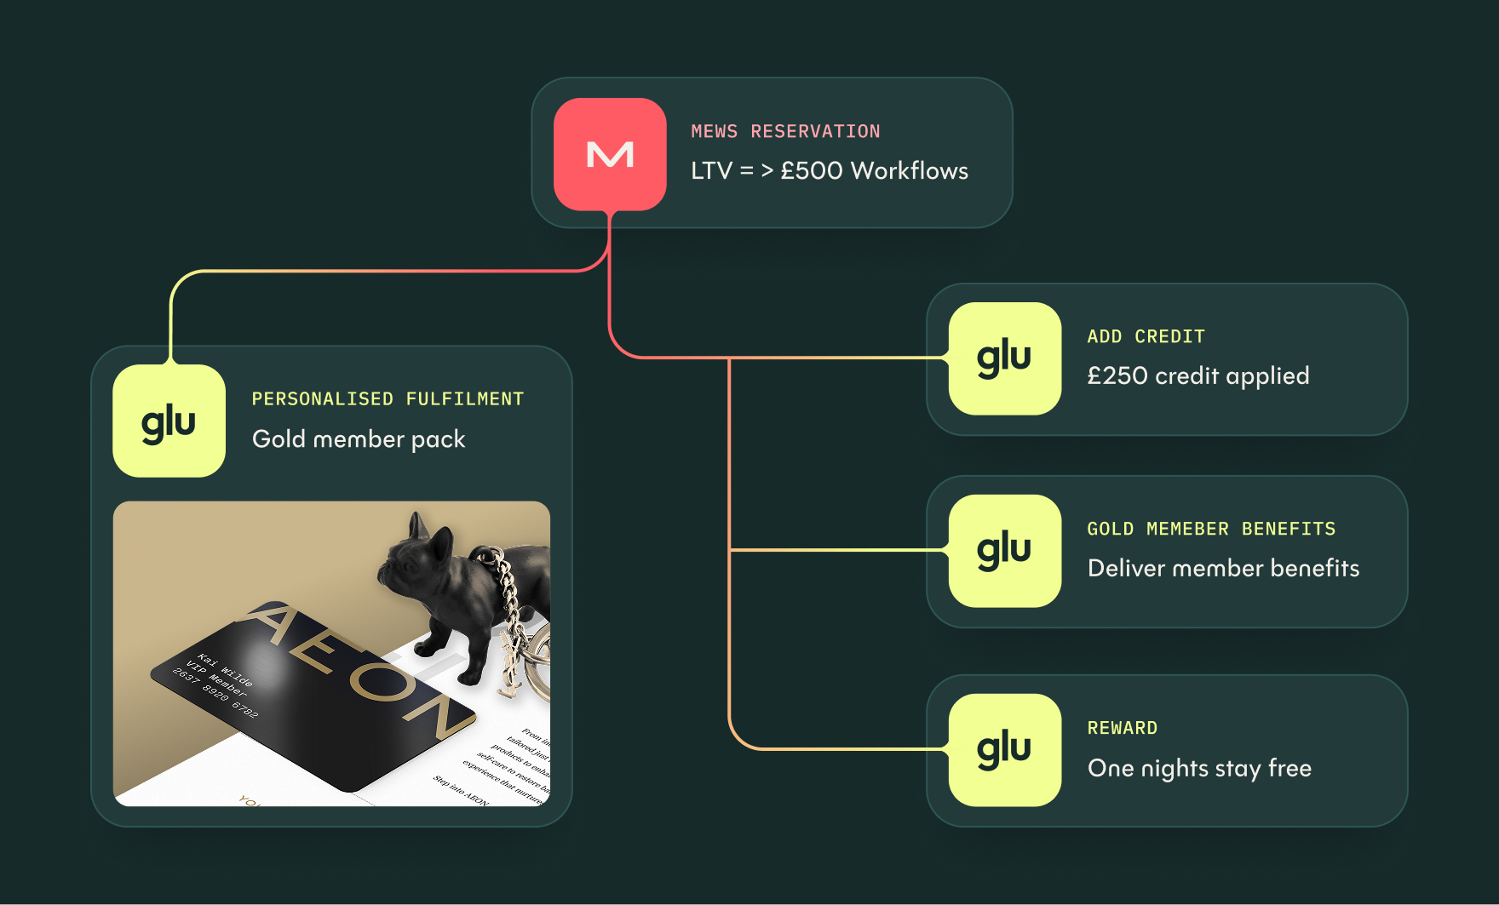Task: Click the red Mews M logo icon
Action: pyautogui.click(x=610, y=154)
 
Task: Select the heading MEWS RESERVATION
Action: pyautogui.click(x=785, y=132)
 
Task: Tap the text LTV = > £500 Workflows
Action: pyautogui.click(x=829, y=171)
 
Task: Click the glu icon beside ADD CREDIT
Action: pyautogui.click(x=1005, y=358)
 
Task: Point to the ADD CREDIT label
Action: pyautogui.click(x=1146, y=337)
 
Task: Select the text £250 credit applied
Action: pyautogui.click(x=1197, y=376)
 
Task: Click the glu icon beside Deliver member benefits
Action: pyautogui.click(x=1005, y=551)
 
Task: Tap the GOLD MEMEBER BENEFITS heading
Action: pyautogui.click(x=1211, y=530)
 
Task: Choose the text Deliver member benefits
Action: pyautogui.click(x=1223, y=569)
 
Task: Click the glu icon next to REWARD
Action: pyautogui.click(x=1005, y=750)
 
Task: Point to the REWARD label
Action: pyautogui.click(x=1122, y=729)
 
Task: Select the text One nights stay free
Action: pyautogui.click(x=1199, y=769)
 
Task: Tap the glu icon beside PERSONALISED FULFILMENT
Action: pyautogui.click(x=169, y=421)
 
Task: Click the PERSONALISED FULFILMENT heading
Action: pyautogui.click(x=388, y=399)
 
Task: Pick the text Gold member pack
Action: pyautogui.click(x=359, y=439)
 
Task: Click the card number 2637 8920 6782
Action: pyautogui.click(x=215, y=693)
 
